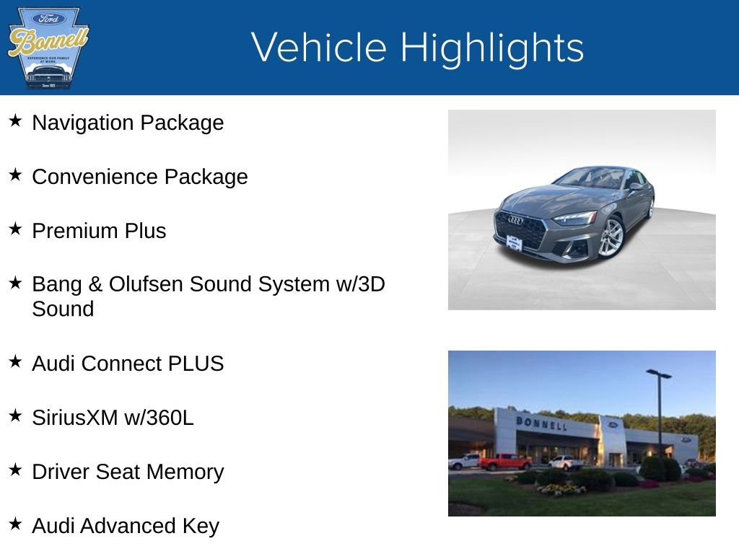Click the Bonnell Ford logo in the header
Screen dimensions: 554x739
48,48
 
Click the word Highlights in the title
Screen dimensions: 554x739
491,48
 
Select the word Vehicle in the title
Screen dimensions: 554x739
320,48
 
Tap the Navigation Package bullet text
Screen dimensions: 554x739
128,123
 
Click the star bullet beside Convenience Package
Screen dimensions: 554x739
15,175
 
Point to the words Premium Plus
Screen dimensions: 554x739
99,232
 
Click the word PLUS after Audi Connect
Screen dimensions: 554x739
196,364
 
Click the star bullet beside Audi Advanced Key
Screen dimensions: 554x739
15,524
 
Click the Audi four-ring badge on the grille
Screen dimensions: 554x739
515,220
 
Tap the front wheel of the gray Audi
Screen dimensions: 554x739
609,237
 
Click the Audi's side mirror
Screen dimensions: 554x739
635,187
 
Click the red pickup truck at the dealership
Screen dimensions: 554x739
504,462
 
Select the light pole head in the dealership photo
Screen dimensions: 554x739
658,374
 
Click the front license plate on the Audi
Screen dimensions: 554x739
513,243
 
